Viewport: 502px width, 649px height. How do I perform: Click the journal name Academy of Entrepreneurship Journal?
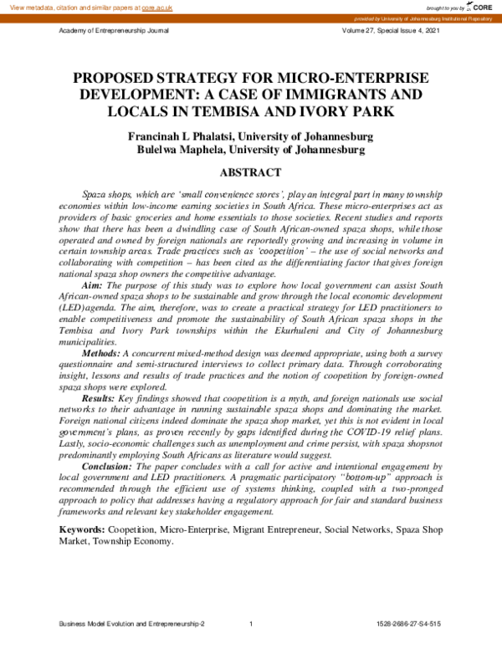click(x=113, y=30)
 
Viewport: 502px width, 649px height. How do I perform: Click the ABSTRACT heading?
click(x=250, y=173)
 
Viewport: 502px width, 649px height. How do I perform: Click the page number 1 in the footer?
click(x=251, y=624)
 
